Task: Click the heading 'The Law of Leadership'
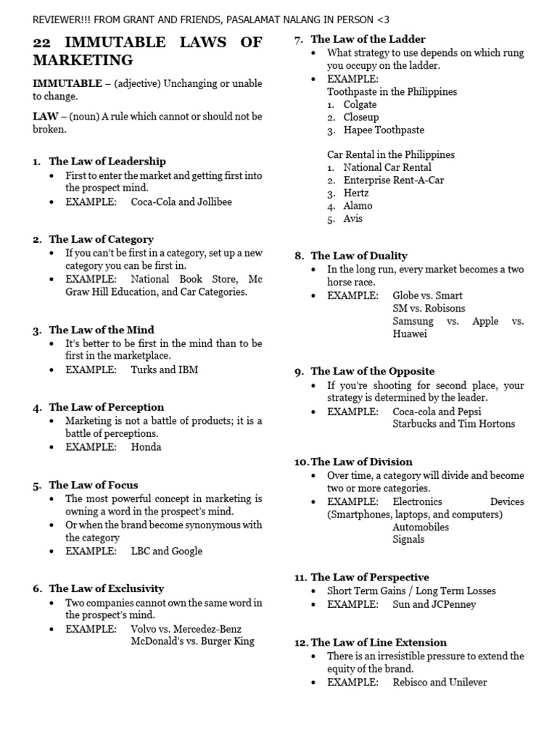107,162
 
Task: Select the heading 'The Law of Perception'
106,407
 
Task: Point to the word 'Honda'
146,447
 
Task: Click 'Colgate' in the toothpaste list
360,104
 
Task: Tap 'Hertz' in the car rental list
356,193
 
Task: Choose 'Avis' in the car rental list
353,219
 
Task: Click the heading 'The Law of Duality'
359,256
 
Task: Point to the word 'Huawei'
410,334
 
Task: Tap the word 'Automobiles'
421,527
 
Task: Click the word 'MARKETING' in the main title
83,60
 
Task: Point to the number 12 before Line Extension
300,643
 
